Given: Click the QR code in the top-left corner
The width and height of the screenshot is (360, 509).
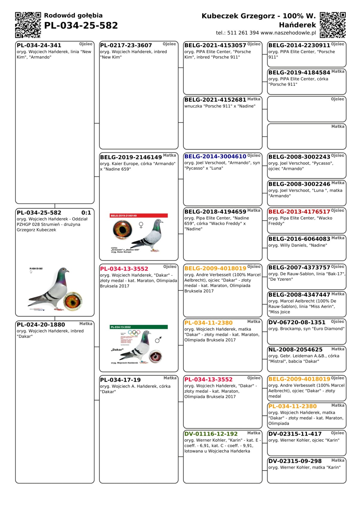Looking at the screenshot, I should tap(28, 25).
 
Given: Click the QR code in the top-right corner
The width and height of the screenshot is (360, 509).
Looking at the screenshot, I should tap(333, 25).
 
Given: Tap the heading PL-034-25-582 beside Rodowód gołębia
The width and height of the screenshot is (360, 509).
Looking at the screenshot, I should tap(81, 25).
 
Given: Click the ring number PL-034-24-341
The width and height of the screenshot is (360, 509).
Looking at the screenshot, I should tap(39, 45).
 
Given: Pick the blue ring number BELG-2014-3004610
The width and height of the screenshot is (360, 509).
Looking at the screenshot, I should tap(215, 156).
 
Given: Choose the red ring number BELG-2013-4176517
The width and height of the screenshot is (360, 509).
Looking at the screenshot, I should tap(299, 211).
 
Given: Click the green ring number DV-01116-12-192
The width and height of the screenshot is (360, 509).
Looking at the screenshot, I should tap(211, 434).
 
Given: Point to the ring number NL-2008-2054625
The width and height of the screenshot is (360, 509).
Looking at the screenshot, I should tap(295, 349).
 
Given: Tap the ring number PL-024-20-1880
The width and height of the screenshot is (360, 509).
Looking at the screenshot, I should tap(41, 325).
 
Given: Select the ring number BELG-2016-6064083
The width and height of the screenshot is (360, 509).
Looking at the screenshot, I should tap(299, 239).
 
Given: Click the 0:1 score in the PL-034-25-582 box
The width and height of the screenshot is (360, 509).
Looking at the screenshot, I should tap(86, 213).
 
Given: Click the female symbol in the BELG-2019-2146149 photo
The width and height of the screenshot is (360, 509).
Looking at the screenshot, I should tap(141, 225).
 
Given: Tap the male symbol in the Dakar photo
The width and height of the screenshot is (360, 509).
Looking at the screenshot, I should tap(158, 340).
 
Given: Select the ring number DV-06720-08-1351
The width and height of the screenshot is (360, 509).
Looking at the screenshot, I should tap(297, 322).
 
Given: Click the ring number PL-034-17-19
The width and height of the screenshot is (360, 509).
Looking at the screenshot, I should tap(120, 380).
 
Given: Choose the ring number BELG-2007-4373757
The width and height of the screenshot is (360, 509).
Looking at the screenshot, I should tap(299, 267).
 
